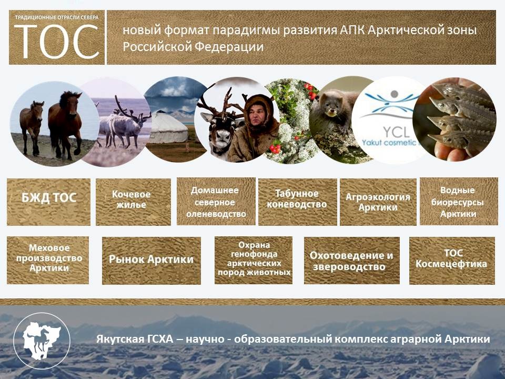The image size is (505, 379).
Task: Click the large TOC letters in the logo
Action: pyautogui.click(x=57, y=42)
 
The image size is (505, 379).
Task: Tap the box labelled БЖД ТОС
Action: pyautogui.click(x=48, y=202)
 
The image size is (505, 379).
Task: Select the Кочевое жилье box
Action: pyautogui.click(x=133, y=202)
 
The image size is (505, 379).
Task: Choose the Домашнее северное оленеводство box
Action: pyautogui.click(x=216, y=202)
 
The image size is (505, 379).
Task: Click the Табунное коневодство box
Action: pyautogui.click(x=298, y=202)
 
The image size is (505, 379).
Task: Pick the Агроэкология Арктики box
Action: pyautogui.click(x=378, y=202)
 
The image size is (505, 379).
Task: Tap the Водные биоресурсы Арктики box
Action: pyautogui.click(x=459, y=202)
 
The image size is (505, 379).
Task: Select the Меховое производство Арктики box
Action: pyautogui.click(x=48, y=261)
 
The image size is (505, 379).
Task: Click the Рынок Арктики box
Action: pyautogui.click(x=151, y=261)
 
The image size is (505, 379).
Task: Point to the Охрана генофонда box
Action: pyautogui.click(x=254, y=261)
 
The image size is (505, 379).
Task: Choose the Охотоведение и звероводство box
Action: pyautogui.click(x=352, y=261)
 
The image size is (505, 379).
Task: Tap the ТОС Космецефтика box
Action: pyautogui.click(x=452, y=261)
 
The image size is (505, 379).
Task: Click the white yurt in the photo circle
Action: pyautogui.click(x=168, y=128)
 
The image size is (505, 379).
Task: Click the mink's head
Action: pyautogui.click(x=331, y=103)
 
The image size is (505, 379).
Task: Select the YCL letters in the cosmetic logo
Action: pyautogui.click(x=396, y=132)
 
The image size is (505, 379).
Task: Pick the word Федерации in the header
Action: pyautogui.click(x=229, y=47)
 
